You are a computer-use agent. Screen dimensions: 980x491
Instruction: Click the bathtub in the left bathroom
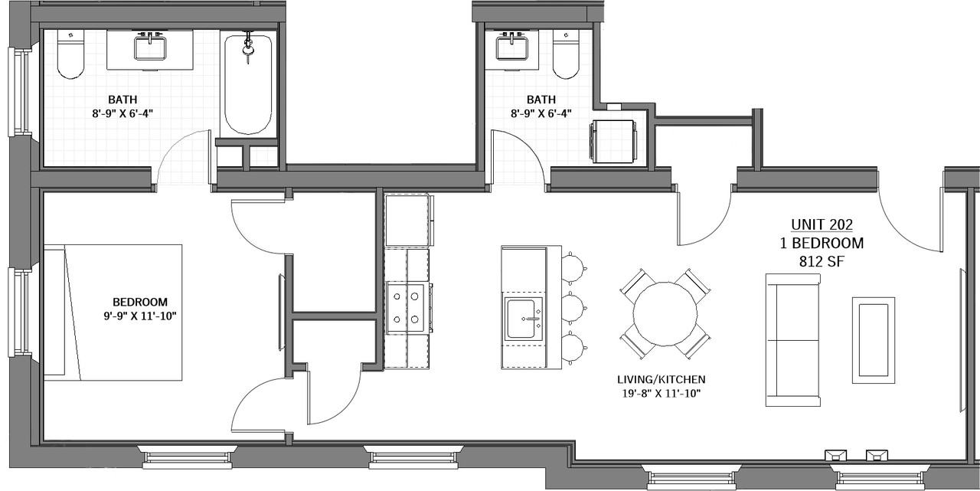[248, 84]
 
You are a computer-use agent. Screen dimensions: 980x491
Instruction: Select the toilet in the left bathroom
[70, 54]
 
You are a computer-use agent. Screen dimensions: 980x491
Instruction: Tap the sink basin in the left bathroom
[150, 48]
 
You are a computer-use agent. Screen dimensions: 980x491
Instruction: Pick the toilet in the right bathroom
[566, 54]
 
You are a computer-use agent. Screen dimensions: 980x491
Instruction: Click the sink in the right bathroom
[512, 48]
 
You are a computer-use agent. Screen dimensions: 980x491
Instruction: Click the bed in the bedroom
[113, 313]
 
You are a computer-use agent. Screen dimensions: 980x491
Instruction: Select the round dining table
[665, 314]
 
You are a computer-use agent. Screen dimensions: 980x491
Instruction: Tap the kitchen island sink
[524, 319]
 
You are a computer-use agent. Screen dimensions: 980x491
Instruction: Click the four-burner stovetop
[407, 309]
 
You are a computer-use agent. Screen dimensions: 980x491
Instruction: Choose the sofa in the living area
[792, 340]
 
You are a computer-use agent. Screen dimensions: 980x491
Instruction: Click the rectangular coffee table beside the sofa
[874, 340]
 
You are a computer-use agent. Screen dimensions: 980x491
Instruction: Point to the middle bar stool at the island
[573, 309]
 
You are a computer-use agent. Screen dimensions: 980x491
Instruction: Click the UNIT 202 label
[822, 224]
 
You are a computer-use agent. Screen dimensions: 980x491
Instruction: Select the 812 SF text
[822, 261]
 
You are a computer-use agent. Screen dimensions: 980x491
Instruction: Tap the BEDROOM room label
[140, 302]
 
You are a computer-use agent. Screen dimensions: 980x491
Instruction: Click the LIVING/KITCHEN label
[661, 379]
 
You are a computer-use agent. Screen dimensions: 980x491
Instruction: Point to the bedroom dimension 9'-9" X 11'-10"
[140, 316]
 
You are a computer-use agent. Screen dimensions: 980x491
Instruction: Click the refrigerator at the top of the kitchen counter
[409, 220]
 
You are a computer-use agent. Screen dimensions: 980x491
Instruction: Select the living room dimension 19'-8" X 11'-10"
[661, 394]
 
